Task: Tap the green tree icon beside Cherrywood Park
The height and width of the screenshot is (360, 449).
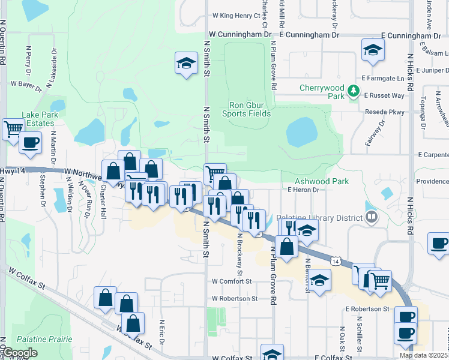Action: pos(354,92)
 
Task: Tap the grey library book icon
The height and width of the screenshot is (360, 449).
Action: pos(372,216)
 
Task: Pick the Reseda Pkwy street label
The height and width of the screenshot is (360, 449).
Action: pos(385,112)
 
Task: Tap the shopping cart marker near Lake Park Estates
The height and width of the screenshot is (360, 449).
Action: pos(13,129)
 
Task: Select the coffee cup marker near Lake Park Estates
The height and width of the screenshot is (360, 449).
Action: pos(30,142)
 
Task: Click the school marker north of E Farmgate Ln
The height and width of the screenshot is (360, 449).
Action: pos(373,50)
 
